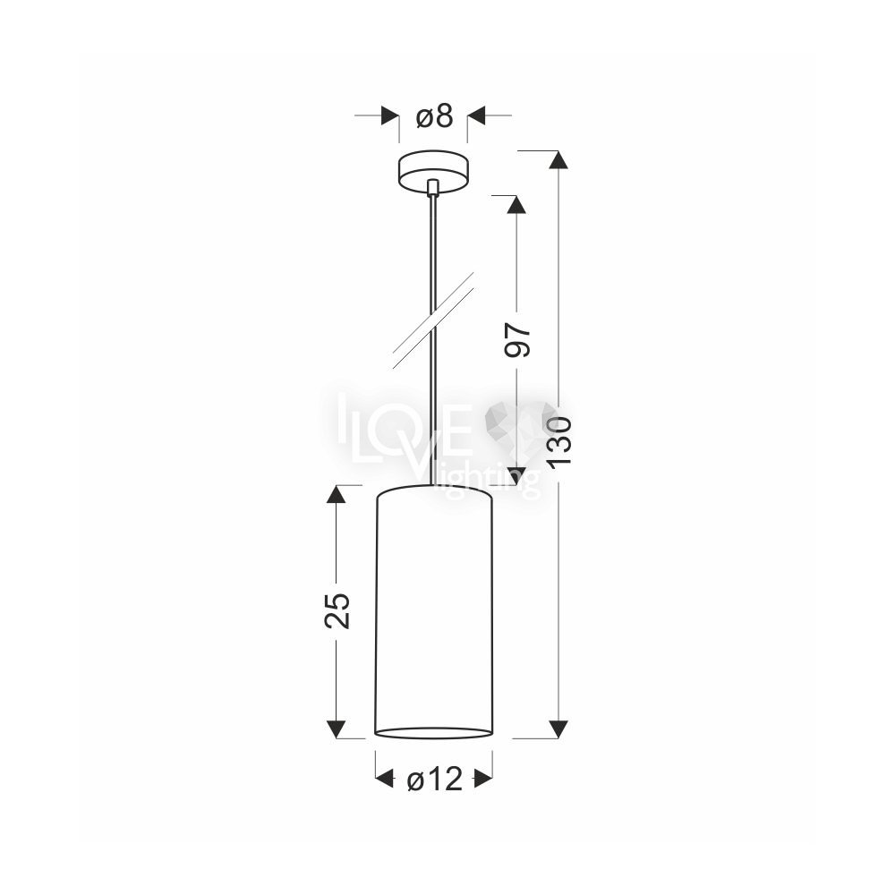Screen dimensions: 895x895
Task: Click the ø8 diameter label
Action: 434,115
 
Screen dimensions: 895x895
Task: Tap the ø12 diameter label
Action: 434,779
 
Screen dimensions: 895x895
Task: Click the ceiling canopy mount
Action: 433,173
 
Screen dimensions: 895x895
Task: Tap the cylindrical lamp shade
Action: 434,611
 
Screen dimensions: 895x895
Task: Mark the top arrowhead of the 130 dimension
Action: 558,160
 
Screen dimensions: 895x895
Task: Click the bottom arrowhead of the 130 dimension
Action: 558,729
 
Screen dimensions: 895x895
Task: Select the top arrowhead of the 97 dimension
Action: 517,204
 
